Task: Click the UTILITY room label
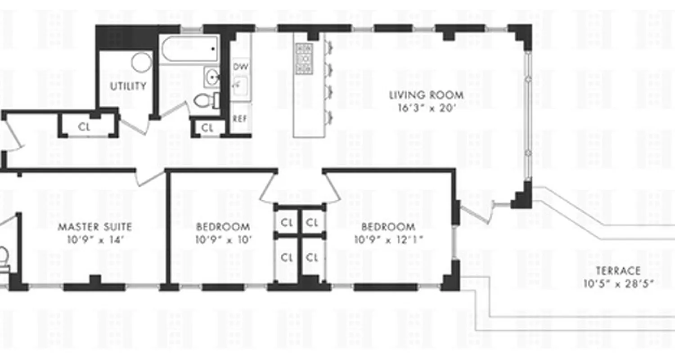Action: [x=129, y=86]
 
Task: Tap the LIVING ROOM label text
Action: [x=426, y=95]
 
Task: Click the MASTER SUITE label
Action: [x=94, y=227]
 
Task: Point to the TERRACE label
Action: [x=618, y=271]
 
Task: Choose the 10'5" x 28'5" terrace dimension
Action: [x=618, y=283]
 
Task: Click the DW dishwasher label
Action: [x=241, y=67]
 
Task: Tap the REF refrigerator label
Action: [x=240, y=119]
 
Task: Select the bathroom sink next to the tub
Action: [x=211, y=77]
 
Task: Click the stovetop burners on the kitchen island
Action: [x=304, y=58]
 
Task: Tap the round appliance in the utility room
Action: [x=142, y=62]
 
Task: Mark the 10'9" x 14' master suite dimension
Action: [x=94, y=239]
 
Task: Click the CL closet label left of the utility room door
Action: [x=84, y=127]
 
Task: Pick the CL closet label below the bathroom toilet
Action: [x=207, y=128]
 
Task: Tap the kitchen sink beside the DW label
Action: [x=240, y=85]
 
